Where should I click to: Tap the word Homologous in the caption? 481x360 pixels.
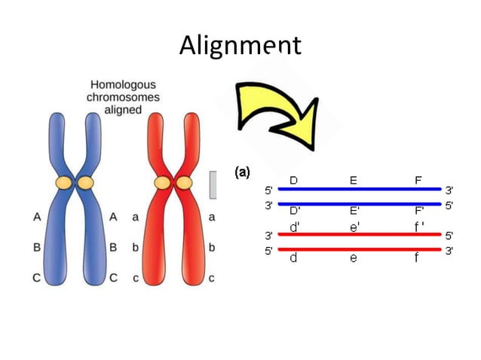[124, 86]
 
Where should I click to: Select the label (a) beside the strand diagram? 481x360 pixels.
[242, 172]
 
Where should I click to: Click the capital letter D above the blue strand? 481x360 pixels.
[293, 181]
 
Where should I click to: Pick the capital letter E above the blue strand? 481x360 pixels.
[353, 181]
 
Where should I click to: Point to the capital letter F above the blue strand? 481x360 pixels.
[418, 181]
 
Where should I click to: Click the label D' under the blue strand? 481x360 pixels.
[295, 209]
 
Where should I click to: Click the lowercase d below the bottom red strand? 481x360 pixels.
[293, 258]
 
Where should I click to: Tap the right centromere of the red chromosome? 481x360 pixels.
[184, 182]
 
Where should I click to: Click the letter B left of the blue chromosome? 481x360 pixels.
[37, 246]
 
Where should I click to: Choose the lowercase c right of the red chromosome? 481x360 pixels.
[212, 277]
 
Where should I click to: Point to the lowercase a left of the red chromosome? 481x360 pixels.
[135, 217]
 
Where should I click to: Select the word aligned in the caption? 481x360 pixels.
[124, 110]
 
